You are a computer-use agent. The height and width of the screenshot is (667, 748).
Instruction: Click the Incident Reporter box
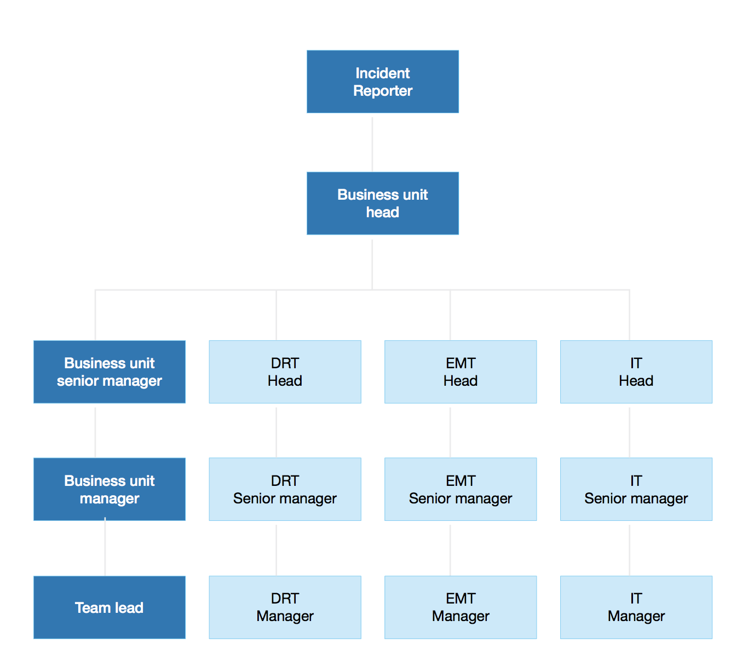pos(382,82)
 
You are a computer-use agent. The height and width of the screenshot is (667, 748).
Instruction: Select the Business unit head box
pos(382,203)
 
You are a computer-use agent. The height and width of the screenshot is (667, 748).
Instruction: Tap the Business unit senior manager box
pos(110,372)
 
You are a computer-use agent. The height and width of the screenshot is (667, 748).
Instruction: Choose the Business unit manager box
pos(110,489)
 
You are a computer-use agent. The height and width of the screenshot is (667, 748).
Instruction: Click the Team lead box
pos(110,607)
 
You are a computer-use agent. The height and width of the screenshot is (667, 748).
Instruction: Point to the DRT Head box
pos(285,372)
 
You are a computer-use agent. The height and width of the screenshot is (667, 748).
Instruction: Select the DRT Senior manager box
pos(285,489)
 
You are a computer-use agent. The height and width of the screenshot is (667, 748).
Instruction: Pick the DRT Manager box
pos(285,607)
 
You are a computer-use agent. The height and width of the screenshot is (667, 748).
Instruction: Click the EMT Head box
pos(461,372)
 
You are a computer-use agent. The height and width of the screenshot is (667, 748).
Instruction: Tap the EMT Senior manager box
pos(461,489)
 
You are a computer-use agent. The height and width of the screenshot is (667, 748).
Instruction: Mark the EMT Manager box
pos(461,607)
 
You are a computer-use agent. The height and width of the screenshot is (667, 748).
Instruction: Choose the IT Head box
pos(636,372)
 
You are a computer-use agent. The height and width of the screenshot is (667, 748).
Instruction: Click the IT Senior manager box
pos(636,489)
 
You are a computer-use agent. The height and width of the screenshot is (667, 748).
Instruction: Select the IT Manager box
pos(636,607)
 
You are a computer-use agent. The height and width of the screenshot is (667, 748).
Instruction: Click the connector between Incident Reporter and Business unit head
pos(372,143)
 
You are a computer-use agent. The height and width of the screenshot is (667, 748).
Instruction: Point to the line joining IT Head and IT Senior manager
pos(629,431)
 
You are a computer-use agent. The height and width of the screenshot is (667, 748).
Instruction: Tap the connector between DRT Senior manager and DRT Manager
pos(277,549)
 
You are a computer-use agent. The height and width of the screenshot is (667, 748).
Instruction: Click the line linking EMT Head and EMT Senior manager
pos(450,431)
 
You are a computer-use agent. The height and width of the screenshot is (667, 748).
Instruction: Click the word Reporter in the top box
pos(383,91)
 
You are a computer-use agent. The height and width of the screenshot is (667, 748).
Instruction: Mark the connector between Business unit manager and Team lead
pos(105,549)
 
